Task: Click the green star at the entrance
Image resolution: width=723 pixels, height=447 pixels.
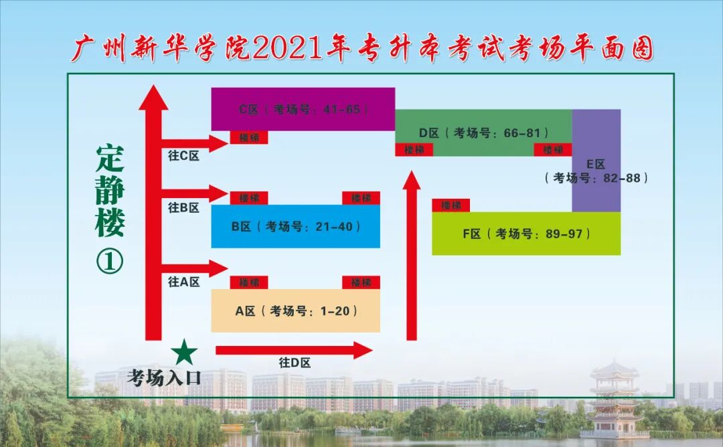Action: coord(184,352)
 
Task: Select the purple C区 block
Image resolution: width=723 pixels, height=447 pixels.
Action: coord(303,108)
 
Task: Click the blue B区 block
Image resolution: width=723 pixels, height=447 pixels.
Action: coord(295,227)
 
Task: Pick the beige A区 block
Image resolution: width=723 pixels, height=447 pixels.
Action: coord(295,310)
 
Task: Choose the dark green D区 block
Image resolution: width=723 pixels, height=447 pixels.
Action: coord(483,132)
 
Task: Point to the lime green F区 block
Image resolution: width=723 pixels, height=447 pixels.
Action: coord(526,234)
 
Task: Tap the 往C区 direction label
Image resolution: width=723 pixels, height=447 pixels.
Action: coord(183,156)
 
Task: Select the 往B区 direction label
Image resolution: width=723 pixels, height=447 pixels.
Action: coord(183,208)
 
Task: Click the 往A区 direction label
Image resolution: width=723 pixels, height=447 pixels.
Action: coord(183,282)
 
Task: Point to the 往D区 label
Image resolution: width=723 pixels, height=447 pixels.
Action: coord(295,363)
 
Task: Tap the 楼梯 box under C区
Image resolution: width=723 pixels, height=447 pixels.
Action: coord(249,137)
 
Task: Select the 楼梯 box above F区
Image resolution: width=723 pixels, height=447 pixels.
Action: coord(451,205)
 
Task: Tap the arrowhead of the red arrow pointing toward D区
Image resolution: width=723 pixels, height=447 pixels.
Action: coord(412,182)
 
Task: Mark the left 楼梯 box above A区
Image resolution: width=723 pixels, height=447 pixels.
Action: coord(249,282)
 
